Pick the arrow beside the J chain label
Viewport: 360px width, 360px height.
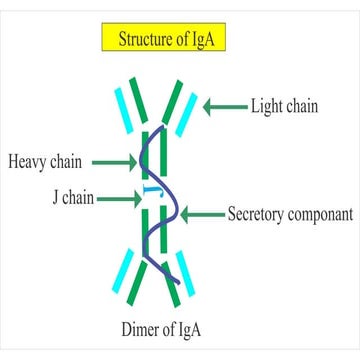coord(118,198)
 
